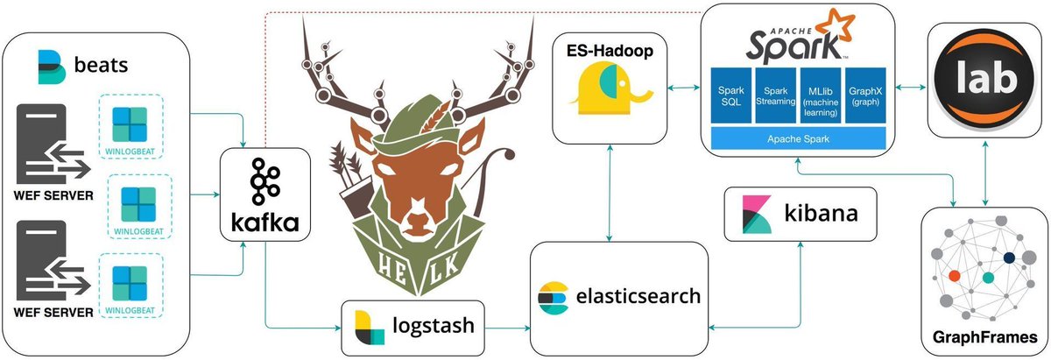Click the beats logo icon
[53, 67]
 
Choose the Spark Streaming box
[776, 95]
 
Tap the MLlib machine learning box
[821, 95]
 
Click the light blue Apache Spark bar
[798, 138]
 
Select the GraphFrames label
[985, 336]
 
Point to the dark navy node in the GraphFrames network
[1009, 258]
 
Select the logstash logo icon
[368, 327]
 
